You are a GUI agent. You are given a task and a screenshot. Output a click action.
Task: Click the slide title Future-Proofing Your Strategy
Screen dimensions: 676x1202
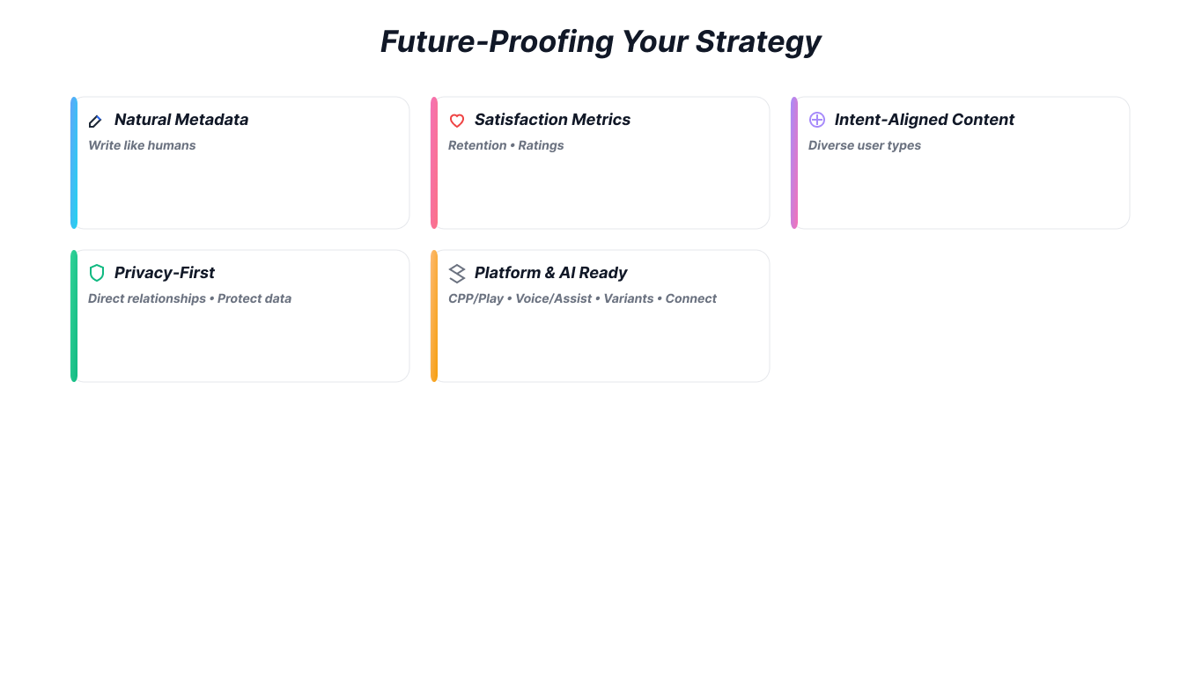point(601,41)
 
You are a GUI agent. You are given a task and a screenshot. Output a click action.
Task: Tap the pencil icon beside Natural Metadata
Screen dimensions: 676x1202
point(96,121)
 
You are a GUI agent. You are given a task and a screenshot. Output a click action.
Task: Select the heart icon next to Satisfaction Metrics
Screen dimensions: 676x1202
point(456,121)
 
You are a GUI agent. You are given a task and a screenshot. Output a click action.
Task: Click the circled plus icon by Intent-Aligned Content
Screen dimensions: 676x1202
point(817,120)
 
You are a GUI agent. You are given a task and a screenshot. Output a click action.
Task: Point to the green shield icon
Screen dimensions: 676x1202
point(97,273)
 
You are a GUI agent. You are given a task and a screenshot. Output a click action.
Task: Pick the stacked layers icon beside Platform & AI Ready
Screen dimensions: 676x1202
point(456,273)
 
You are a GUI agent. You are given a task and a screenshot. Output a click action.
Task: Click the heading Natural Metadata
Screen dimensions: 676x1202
point(181,120)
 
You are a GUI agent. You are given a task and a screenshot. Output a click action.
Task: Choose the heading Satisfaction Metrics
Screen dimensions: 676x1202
point(552,120)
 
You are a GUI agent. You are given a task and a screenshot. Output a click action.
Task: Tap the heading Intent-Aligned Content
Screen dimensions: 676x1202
point(924,120)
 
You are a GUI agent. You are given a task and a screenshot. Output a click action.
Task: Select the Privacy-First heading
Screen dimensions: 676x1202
point(165,273)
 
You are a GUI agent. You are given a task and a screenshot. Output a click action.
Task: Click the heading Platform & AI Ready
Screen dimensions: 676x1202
point(550,273)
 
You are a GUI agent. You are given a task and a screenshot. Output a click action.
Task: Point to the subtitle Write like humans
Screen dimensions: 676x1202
point(142,145)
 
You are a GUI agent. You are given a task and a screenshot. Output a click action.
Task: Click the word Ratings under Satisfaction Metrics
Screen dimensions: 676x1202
point(541,145)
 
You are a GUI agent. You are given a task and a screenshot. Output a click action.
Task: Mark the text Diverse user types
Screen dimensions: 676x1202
point(864,145)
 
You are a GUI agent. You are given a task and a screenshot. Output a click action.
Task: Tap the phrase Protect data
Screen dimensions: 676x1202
point(254,298)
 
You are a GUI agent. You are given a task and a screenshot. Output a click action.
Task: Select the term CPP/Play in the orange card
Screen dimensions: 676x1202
point(476,298)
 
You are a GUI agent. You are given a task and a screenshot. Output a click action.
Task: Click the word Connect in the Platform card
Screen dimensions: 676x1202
point(690,298)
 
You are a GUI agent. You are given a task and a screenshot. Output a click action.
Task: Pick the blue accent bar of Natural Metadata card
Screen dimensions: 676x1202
point(74,163)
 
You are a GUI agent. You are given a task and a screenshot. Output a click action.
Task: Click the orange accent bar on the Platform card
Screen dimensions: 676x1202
point(434,316)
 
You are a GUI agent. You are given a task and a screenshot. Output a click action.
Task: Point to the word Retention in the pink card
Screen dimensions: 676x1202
point(477,145)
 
